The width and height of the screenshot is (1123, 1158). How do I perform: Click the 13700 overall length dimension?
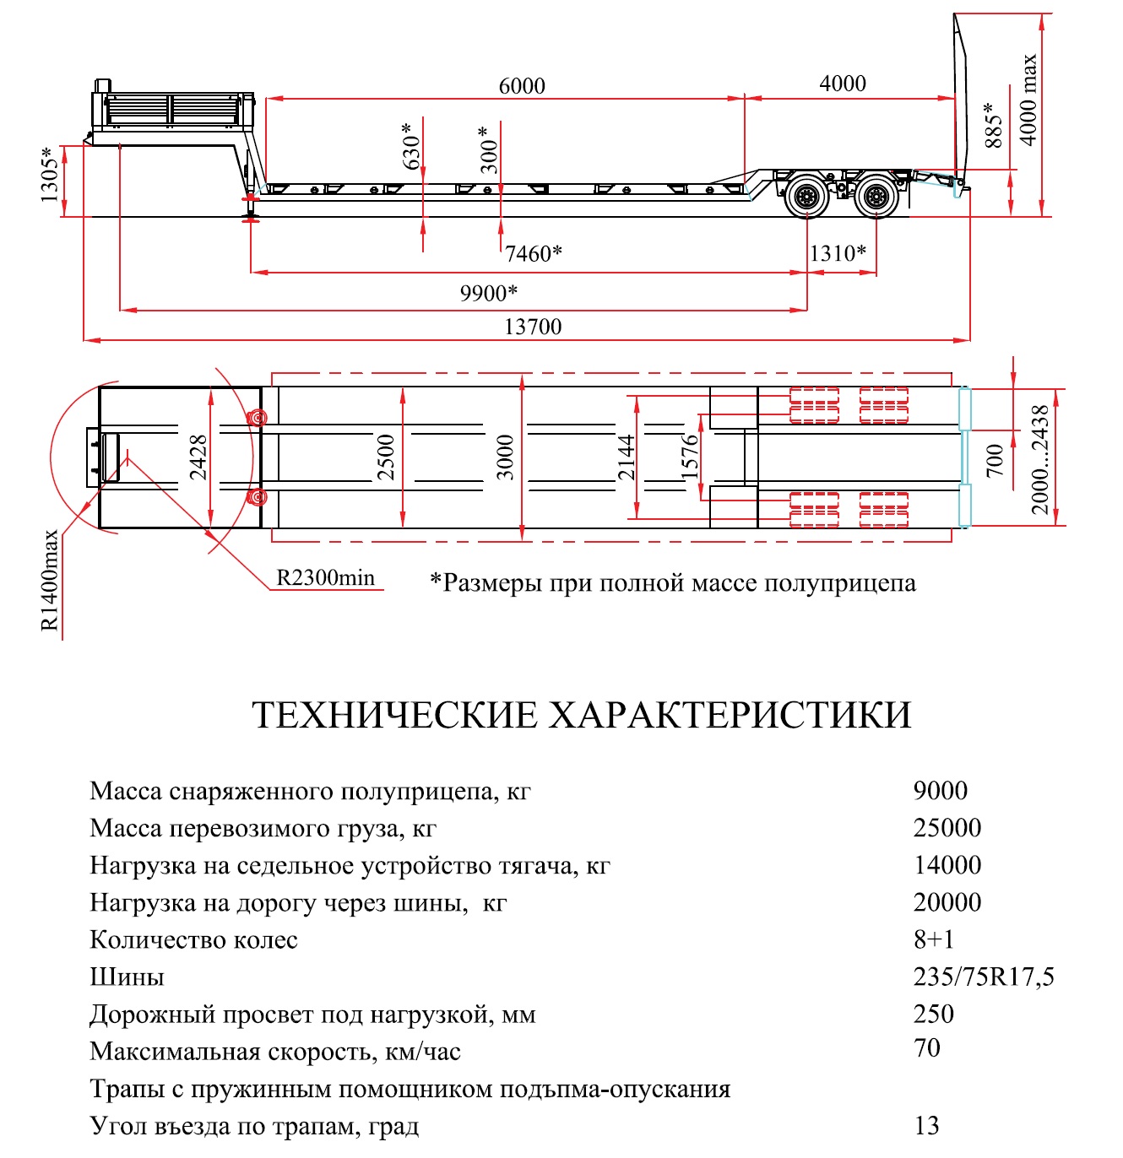point(532,327)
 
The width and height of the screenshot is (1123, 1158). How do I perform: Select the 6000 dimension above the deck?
point(522,86)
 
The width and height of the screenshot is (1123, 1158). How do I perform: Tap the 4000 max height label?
point(1029,100)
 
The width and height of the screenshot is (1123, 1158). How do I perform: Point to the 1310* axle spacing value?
point(838,253)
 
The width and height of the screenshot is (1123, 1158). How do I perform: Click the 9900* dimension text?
point(488,294)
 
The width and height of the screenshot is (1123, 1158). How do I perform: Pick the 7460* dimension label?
point(534,254)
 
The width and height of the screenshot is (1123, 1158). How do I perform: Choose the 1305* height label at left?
point(50,175)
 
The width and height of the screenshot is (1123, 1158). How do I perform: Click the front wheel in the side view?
point(807,196)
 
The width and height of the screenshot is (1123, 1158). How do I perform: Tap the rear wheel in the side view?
point(876,196)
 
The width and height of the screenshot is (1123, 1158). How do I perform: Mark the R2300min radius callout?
point(325,578)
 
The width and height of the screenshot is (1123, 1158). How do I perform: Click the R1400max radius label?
point(50,580)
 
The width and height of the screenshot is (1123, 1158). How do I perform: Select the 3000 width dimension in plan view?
point(505,457)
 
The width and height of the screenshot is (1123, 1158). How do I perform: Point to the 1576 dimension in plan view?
point(689,457)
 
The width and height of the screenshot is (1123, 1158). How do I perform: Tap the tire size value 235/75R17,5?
point(984,977)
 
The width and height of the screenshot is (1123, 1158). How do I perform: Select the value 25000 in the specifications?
point(947,828)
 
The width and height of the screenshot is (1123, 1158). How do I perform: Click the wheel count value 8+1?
point(934,939)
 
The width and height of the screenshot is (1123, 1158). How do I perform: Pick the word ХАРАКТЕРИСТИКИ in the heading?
point(730,714)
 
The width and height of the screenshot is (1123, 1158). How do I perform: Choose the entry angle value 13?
point(926,1125)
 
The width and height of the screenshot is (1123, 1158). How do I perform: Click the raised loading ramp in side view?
point(960,101)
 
